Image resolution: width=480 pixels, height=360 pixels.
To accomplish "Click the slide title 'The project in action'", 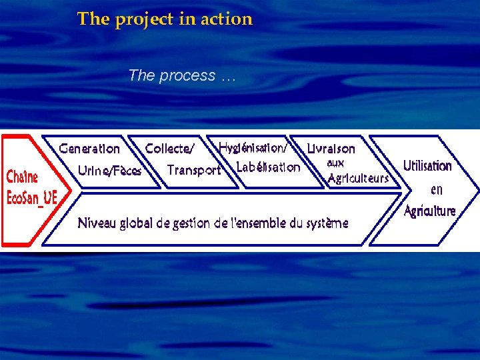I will tap(165, 19).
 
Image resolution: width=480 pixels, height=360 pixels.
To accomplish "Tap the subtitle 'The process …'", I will tap(182, 76).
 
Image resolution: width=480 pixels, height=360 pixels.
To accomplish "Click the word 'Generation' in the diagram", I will tap(89, 149).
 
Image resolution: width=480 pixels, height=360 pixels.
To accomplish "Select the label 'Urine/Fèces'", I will tap(109, 171).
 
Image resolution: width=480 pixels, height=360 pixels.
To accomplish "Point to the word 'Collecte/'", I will tap(169, 149).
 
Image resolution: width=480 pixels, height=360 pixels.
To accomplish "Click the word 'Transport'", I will tap(193, 170).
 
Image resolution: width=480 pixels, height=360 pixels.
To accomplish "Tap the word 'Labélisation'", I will tap(268, 167).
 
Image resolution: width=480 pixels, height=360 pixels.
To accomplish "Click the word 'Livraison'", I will tap(331, 148).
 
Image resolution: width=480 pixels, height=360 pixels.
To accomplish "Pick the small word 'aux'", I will tap(335, 163).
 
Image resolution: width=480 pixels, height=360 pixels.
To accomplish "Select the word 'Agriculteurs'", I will tap(358, 178).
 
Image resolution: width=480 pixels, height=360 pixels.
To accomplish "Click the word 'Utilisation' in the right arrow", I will tap(427, 165).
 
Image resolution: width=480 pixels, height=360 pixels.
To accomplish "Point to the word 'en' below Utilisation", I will tap(436, 189).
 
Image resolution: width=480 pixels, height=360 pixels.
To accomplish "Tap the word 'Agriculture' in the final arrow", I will tap(430, 211).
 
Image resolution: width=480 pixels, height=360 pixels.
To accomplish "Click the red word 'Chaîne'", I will tap(22, 177).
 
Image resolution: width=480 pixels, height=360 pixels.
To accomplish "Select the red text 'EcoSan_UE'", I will tap(31, 198).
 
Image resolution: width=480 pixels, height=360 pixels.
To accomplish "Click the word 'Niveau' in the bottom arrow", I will tap(96, 223).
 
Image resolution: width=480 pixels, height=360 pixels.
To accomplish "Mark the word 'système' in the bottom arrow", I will tap(327, 223).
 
